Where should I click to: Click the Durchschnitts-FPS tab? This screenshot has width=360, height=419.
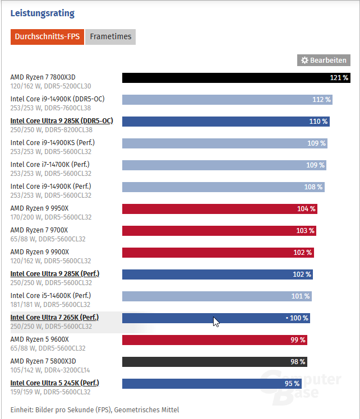coord(47,37)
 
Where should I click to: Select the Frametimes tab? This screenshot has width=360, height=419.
coord(110,37)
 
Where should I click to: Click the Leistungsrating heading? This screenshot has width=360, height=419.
coord(43,13)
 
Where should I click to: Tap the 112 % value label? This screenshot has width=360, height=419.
coord(322,100)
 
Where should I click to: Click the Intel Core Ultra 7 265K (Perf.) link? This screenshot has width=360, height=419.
coord(54,318)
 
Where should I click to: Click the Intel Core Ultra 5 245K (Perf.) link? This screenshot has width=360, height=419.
coord(54,383)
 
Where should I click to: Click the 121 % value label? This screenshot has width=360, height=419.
coord(339,77)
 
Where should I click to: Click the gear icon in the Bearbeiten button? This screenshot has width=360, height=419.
coord(304,60)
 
